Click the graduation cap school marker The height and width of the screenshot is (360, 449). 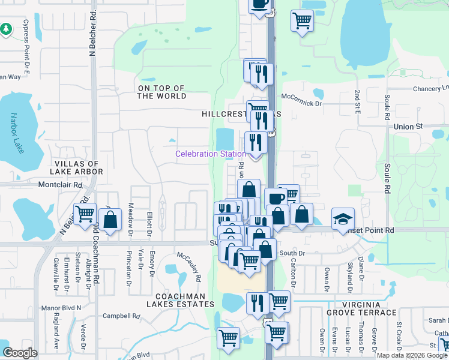point(343,219)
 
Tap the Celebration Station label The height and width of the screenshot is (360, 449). point(210,154)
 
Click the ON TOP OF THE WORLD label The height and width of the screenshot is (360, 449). point(162,92)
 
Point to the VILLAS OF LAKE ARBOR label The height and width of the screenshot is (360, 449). point(79,167)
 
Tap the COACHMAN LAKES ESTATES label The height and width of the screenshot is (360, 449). point(181,300)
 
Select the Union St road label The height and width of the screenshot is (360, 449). point(409,127)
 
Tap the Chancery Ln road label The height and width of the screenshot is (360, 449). point(431,88)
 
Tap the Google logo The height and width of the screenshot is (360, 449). point(20,353)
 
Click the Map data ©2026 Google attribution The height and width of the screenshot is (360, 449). point(412,355)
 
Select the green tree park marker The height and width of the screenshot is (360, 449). point(6,28)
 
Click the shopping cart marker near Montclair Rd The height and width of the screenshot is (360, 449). point(85,213)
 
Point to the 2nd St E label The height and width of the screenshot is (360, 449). point(357,103)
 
